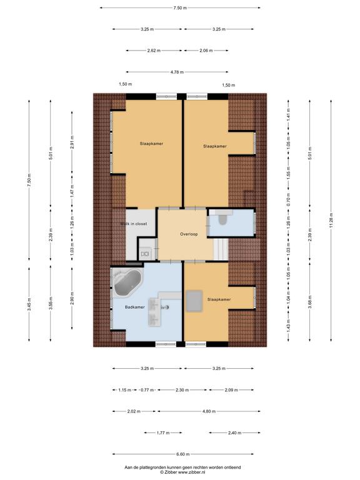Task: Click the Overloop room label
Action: (189, 234)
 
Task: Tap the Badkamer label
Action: (135, 307)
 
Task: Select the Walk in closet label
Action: (134, 224)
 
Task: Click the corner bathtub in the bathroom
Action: (127, 282)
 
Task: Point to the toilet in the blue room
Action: (222, 218)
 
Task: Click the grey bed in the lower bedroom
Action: (194, 301)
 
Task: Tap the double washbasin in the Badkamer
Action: (154, 312)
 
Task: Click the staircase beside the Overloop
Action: (221, 250)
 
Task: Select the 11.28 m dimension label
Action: (331, 221)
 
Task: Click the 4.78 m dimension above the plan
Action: (177, 72)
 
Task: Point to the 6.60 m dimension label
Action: (182, 454)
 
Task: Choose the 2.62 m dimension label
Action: (154, 51)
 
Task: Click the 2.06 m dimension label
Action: (206, 51)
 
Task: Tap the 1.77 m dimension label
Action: (163, 433)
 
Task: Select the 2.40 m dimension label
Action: (234, 433)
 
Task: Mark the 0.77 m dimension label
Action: (147, 390)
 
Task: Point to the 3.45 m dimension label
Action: (29, 304)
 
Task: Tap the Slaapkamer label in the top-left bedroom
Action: (151, 144)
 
